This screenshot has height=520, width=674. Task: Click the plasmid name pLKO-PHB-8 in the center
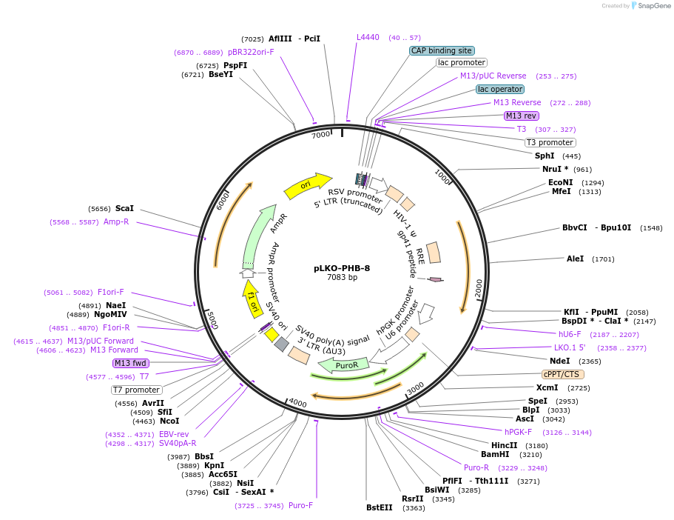pyautogui.click(x=342, y=268)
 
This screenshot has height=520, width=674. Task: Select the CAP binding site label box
pyautogui.click(x=442, y=51)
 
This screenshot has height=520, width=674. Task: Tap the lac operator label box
pyautogui.click(x=500, y=89)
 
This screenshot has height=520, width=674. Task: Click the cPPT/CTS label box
pyautogui.click(x=562, y=374)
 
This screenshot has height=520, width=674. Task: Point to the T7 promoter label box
pyautogui.click(x=136, y=390)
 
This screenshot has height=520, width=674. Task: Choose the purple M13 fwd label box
pyautogui.click(x=131, y=363)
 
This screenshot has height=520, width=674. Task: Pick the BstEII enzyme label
pyautogui.click(x=380, y=507)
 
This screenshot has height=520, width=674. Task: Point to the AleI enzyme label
pyautogui.click(x=575, y=259)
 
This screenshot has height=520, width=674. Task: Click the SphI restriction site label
pyautogui.click(x=545, y=156)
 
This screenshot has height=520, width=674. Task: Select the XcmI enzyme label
pyautogui.click(x=547, y=387)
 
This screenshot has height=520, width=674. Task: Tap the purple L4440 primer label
pyautogui.click(x=368, y=37)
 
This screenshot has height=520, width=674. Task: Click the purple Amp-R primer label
pyautogui.click(x=116, y=221)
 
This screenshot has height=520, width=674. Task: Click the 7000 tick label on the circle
pyautogui.click(x=320, y=136)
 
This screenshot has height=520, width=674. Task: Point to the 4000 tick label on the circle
pyautogui.click(x=297, y=402)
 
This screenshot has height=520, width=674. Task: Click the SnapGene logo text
pyautogui.click(x=653, y=6)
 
